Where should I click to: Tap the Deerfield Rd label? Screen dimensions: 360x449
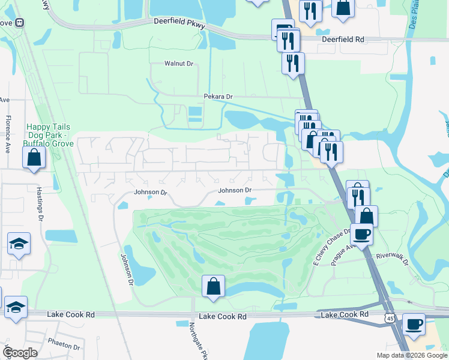click(x=343, y=39)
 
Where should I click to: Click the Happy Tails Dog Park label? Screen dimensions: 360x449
click(x=49, y=135)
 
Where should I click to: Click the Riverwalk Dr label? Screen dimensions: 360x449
click(x=392, y=256)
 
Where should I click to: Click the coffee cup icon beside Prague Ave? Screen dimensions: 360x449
click(x=362, y=233)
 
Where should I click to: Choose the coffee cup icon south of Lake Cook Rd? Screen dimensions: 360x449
click(x=413, y=324)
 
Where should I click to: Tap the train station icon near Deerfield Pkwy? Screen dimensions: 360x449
click(x=20, y=23)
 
